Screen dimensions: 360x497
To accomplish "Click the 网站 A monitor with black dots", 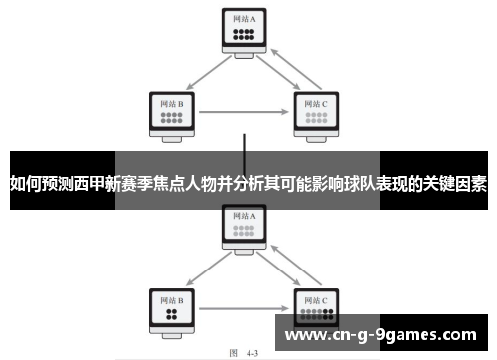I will (244, 30).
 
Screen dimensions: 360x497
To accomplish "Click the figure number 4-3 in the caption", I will (251, 350).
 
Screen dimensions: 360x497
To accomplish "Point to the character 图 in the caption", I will (233, 350).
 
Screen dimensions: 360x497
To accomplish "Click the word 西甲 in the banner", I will (90, 183).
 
